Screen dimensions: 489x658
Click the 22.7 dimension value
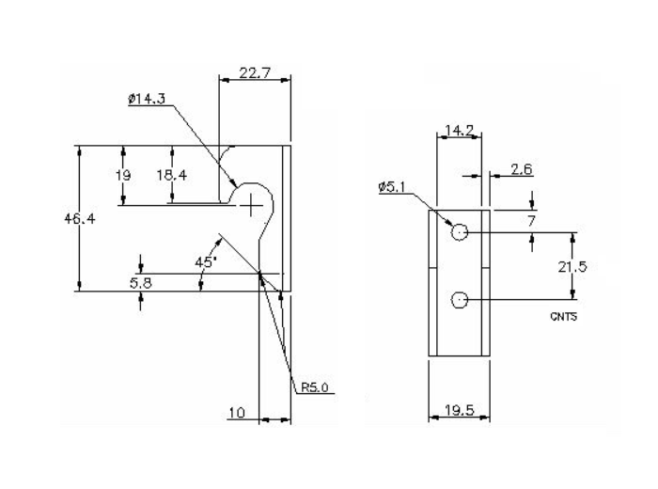click(x=250, y=73)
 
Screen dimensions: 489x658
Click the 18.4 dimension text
click(x=172, y=175)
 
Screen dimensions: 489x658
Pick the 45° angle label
click(x=206, y=263)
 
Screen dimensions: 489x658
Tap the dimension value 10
click(x=239, y=412)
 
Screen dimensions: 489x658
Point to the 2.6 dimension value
click(x=522, y=169)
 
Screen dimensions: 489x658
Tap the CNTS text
click(x=563, y=318)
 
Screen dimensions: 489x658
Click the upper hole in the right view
click(x=459, y=232)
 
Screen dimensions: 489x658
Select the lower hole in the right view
click(x=459, y=301)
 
